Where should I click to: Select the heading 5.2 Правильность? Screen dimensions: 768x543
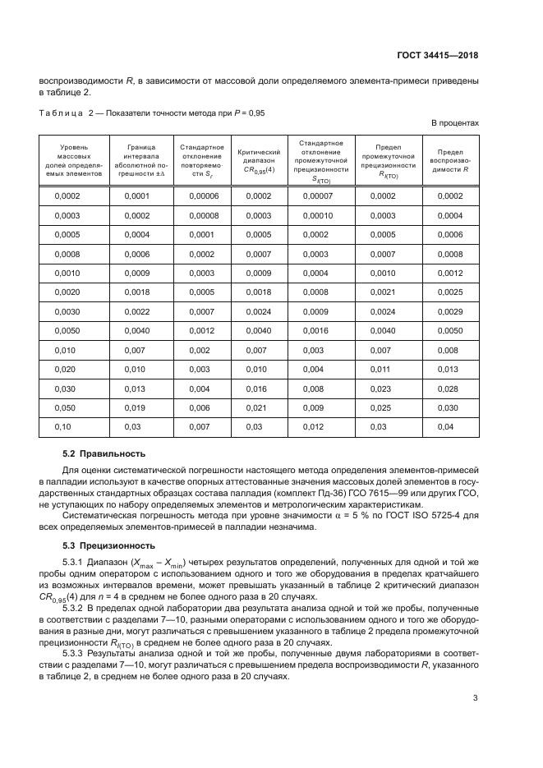(104, 453)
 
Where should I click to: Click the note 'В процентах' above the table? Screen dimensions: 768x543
(455, 123)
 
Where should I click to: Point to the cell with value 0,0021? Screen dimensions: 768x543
(382, 292)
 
